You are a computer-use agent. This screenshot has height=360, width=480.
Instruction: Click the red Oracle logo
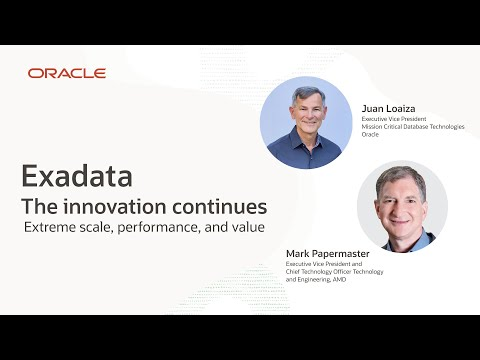coord(67,73)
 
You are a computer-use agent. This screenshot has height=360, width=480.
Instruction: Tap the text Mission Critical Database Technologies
coord(413,126)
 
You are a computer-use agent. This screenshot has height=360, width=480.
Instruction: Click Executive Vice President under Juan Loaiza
coord(396,118)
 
